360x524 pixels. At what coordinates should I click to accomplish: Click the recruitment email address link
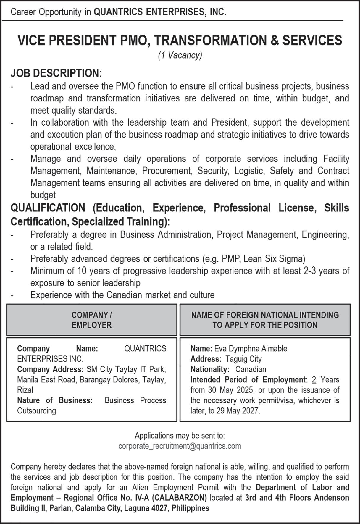[180, 446]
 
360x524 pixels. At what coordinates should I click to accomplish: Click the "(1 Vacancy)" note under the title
[180, 55]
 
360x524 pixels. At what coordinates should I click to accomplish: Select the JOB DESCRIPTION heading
[56, 73]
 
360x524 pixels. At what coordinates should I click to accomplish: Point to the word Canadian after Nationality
[251, 369]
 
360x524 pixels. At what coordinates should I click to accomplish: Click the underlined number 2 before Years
[314, 379]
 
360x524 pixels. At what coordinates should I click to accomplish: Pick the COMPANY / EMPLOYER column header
[92, 320]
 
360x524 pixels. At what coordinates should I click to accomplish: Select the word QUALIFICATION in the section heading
[48, 208]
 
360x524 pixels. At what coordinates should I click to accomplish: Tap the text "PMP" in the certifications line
[231, 259]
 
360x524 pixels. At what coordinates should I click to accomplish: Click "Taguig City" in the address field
[243, 359]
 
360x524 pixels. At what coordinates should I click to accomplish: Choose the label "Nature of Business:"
[55, 400]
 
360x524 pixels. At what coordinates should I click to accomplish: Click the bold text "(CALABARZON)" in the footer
[180, 498]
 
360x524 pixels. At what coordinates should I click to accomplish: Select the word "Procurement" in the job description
[167, 171]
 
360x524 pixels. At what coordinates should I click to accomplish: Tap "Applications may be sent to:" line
[180, 435]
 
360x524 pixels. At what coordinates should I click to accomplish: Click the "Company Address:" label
[50, 369]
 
